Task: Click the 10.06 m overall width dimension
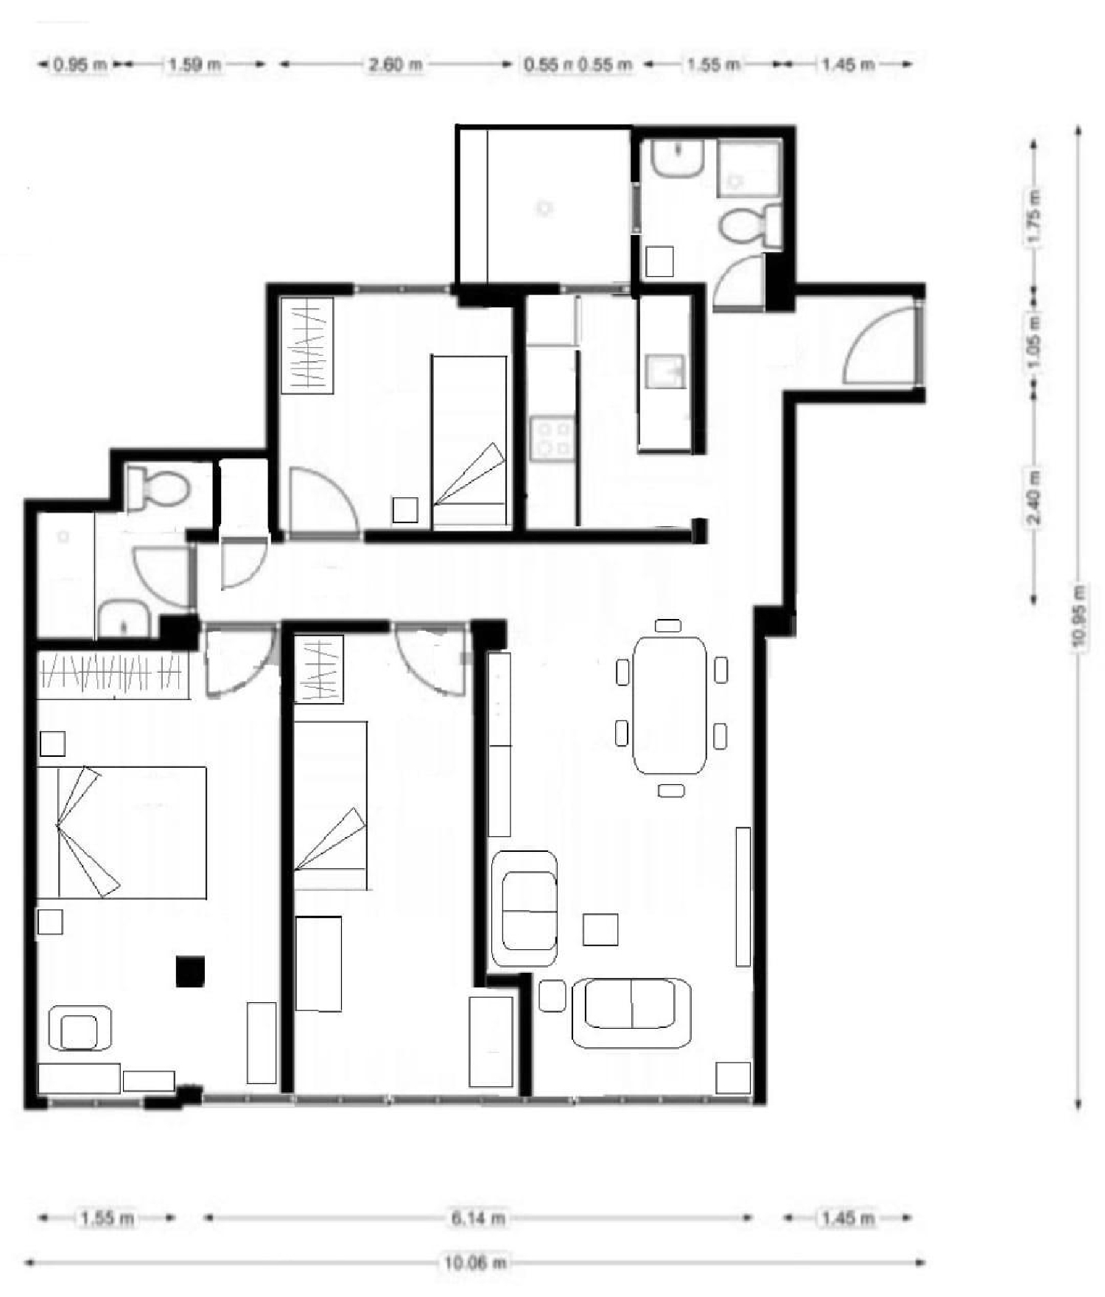[475, 1262]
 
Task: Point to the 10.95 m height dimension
[1079, 615]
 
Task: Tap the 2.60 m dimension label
[396, 65]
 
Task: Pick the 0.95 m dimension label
[80, 65]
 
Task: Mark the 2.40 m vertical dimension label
[1034, 498]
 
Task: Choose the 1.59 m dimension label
[194, 65]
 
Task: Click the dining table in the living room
[670, 705]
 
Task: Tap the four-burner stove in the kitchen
[552, 438]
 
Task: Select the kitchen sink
[664, 371]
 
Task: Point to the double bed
[122, 832]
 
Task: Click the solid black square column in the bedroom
[190, 971]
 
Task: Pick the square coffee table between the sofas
[600, 929]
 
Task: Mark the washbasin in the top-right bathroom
[678, 158]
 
